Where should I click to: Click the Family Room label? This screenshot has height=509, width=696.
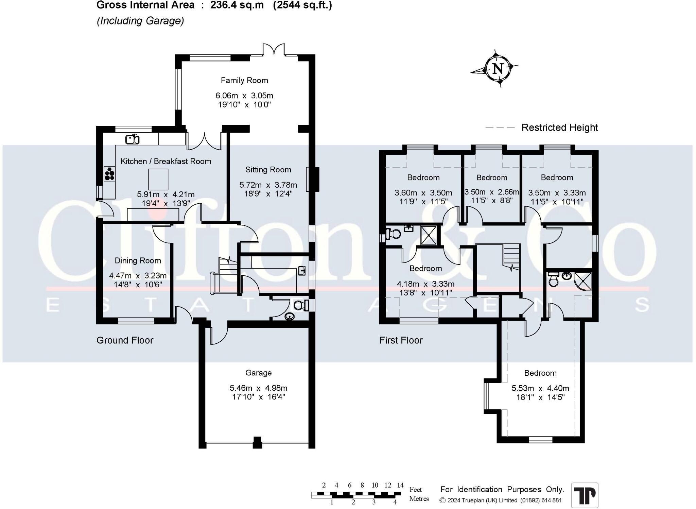[244, 81]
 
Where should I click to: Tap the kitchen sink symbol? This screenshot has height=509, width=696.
[133, 139]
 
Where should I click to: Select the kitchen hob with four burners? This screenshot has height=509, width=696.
[109, 174]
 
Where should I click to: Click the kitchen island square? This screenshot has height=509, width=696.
[158, 179]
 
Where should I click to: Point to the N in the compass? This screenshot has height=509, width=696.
[498, 69]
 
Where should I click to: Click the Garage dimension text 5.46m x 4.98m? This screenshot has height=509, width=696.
[258, 388]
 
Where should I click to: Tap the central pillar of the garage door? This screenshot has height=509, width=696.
[257, 442]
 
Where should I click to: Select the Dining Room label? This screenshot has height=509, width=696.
[138, 261]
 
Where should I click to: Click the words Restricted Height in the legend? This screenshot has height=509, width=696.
[559, 128]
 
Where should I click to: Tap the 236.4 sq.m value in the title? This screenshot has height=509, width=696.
[237, 5]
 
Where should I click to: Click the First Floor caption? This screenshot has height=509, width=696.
[401, 340]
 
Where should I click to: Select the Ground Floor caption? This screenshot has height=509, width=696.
[125, 340]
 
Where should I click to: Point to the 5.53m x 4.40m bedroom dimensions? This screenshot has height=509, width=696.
[540, 388]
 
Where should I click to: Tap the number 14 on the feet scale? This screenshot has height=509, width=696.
[400, 485]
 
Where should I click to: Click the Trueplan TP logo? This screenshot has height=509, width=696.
[585, 495]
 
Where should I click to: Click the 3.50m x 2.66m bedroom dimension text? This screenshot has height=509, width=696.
[491, 192]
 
